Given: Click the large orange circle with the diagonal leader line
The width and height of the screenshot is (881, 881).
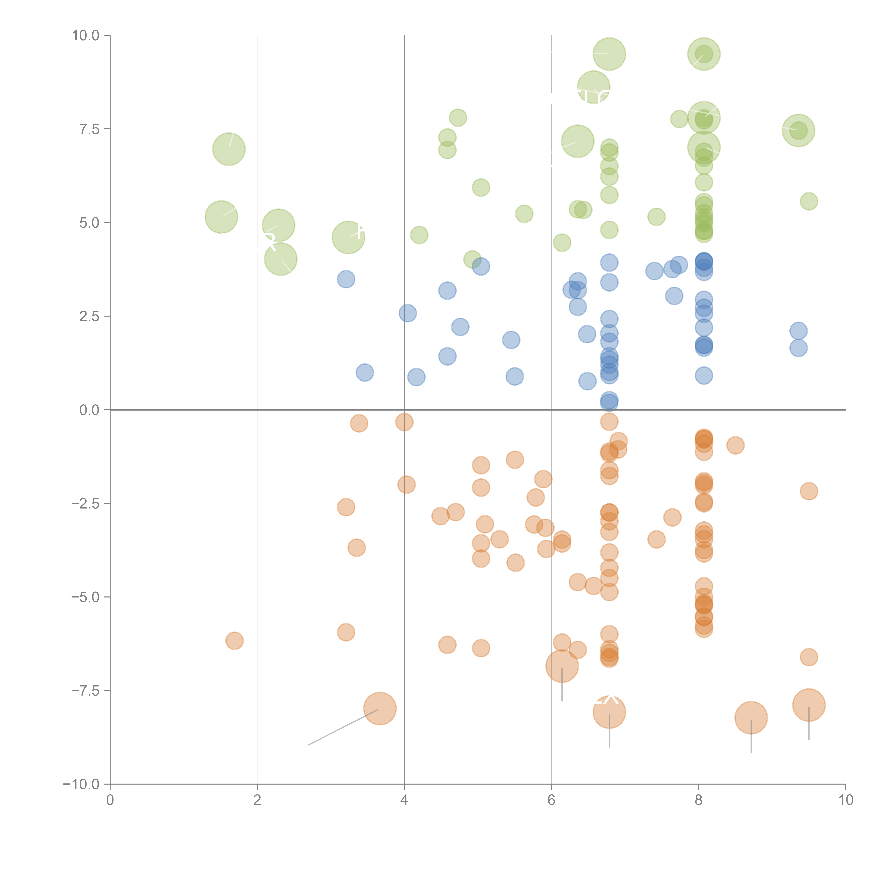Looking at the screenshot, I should pos(379,708).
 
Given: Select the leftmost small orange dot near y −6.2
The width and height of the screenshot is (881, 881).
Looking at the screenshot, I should pos(234,641).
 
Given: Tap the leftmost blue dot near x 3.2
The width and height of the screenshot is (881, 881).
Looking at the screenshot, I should pos(346,279).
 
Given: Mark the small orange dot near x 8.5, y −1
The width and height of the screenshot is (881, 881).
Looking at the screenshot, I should pos(735,445).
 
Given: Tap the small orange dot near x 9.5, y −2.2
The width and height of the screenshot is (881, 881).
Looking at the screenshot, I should pos(809,491).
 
